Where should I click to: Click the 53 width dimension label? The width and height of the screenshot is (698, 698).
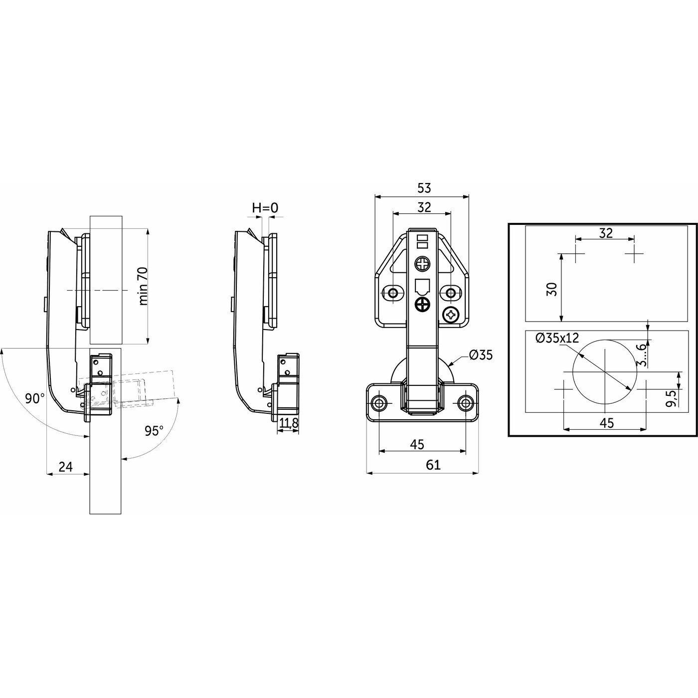424,188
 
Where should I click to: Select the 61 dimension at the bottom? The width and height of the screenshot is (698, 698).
433,465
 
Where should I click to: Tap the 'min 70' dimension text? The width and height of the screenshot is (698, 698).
143,286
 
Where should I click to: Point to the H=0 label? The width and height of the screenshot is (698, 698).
265,208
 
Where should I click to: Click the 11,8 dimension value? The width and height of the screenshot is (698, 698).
289,424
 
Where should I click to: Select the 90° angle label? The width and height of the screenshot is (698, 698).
35,398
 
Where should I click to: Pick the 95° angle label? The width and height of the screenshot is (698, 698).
154,430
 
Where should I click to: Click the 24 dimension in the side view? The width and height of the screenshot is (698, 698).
66,467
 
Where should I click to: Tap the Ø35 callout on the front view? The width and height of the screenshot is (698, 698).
481,355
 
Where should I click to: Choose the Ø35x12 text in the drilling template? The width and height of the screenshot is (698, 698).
557,338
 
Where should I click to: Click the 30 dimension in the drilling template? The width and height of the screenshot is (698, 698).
551,289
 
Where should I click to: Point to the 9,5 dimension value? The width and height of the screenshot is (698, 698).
671,399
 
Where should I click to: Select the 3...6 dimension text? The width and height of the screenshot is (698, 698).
643,354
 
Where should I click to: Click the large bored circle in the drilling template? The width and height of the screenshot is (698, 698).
604,373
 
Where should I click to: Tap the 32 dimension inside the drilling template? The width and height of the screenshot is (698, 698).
605,233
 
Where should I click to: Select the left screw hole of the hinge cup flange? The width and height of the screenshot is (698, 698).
379,402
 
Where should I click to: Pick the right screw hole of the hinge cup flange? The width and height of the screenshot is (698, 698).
466,402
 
